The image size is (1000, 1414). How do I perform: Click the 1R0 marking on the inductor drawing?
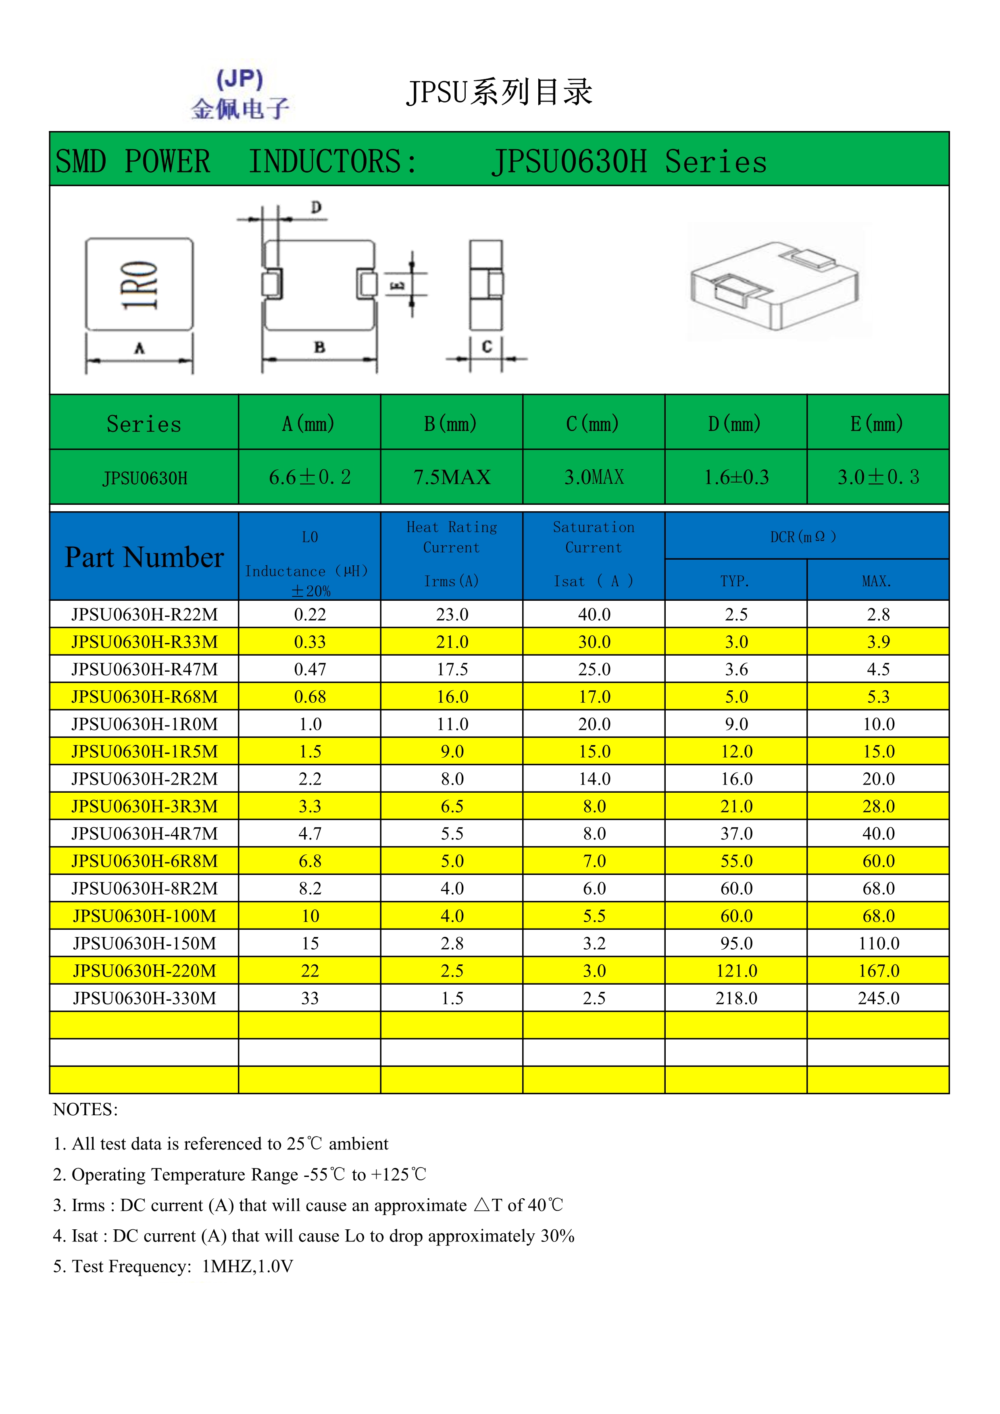[139, 285]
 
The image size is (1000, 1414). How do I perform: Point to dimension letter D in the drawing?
[316, 208]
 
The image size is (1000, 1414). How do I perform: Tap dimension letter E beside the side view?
[398, 285]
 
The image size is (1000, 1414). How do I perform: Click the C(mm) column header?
[593, 424]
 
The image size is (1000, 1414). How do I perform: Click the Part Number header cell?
[144, 557]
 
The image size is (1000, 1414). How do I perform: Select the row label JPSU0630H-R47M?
[144, 669]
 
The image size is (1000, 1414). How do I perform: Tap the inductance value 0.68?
[310, 697]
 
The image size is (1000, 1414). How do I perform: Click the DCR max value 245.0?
[878, 998]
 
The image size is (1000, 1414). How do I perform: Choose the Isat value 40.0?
[594, 614]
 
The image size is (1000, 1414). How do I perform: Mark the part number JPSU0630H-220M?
[144, 970]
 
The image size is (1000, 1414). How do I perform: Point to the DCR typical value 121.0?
[736, 970]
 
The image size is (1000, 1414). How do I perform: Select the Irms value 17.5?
[452, 669]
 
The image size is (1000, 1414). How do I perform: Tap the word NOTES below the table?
[85, 1110]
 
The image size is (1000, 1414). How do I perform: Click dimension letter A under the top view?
[140, 349]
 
